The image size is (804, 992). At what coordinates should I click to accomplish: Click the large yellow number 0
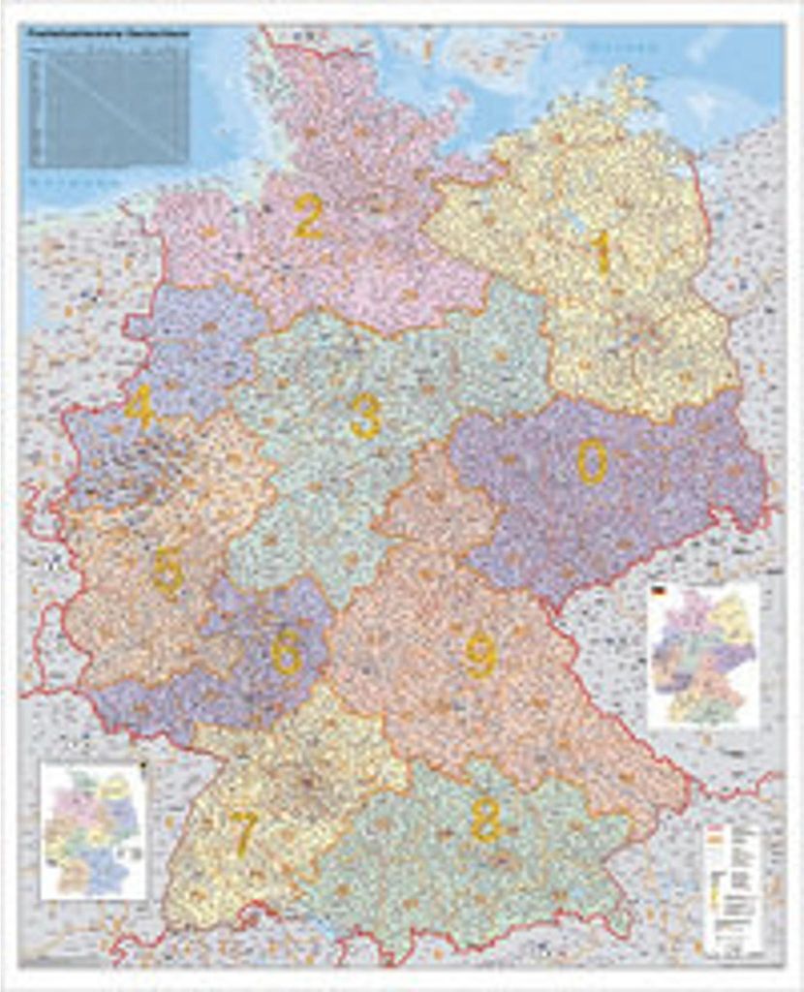(592, 461)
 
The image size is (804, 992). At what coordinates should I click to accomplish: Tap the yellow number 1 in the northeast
(603, 254)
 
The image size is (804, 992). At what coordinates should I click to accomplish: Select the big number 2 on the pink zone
(308, 217)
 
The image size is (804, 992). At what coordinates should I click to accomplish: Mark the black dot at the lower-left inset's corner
(142, 768)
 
